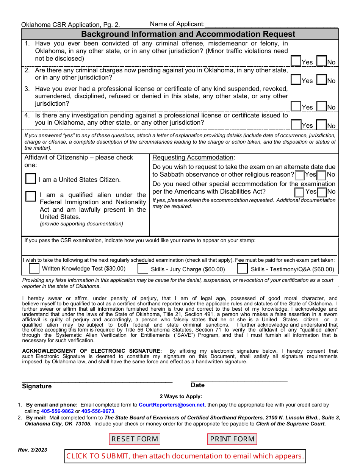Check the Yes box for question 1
[296, 61]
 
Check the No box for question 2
[322, 80]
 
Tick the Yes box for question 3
[296, 106]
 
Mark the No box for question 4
[322, 125]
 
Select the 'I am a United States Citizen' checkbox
[31, 179]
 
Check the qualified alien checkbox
[31, 196]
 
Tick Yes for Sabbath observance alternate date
[299, 175]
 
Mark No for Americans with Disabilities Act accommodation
[322, 192]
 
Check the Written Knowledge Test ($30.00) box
[34, 269]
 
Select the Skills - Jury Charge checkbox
[143, 269]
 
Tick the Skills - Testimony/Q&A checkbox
[243, 269]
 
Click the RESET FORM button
[135, 439]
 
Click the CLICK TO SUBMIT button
[185, 456]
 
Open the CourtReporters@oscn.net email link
[172, 405]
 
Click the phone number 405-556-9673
[98, 411]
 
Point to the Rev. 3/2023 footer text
[33, 450]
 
